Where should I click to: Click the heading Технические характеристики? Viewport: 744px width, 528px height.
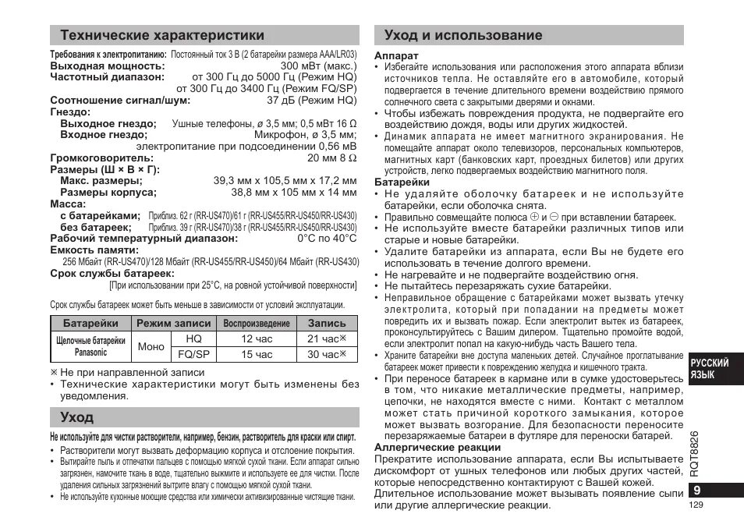tap(161, 35)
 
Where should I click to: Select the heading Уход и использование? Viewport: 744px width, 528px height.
tap(463, 35)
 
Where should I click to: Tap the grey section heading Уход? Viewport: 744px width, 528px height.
tap(76, 417)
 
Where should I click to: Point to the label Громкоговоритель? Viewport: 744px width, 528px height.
tap(102, 158)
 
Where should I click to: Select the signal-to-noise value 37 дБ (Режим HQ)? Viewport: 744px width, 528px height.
tap(311, 101)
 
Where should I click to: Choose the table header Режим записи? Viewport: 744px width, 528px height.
tap(174, 323)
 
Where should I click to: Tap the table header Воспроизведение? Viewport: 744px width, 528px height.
tap(257, 323)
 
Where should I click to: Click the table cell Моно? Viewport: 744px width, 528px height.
tap(151, 346)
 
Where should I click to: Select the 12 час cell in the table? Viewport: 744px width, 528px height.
tap(257, 338)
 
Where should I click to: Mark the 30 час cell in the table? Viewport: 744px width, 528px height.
tap(326, 354)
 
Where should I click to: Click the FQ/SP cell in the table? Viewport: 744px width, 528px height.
tap(193, 354)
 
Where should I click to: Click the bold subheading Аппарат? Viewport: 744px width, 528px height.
tap(396, 56)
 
